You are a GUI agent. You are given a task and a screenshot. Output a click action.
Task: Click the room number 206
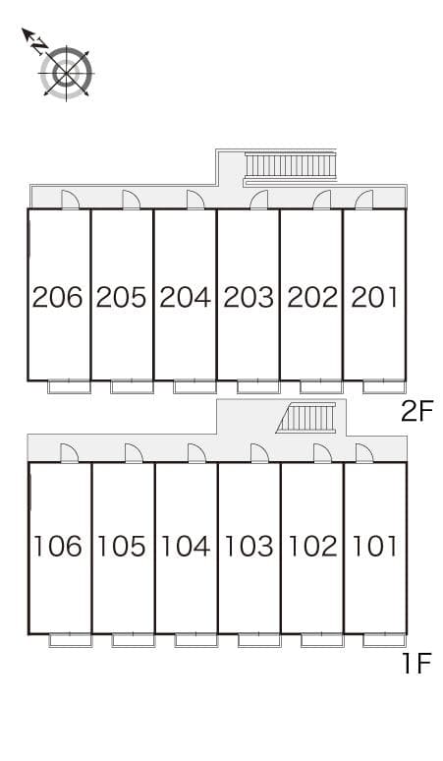pos(58,296)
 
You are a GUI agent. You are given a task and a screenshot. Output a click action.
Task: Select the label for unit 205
pos(122,296)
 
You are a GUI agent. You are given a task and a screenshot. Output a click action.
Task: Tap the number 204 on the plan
pos(186,296)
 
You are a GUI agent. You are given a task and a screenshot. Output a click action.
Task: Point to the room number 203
pos(249,296)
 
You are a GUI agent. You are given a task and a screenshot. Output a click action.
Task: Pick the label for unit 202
pos(311,296)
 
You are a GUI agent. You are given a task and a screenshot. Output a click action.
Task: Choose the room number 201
pos(373,296)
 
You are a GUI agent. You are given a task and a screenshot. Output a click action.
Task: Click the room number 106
pos(59,546)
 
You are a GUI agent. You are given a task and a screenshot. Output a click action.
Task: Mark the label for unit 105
pos(123,546)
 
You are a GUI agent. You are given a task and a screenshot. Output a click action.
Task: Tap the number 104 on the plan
pos(186,546)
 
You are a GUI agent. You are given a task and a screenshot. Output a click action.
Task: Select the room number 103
pos(249,546)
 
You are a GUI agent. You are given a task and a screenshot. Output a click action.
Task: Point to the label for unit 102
pos(312,546)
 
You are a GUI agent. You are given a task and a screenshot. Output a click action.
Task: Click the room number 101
pos(374,546)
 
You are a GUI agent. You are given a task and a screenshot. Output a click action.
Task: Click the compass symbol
pos(65,71)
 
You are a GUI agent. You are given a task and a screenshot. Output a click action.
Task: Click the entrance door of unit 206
pos(71,200)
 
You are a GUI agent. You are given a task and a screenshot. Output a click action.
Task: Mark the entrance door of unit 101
pos(364,453)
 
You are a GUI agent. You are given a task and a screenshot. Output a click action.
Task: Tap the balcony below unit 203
pos(258,385)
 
